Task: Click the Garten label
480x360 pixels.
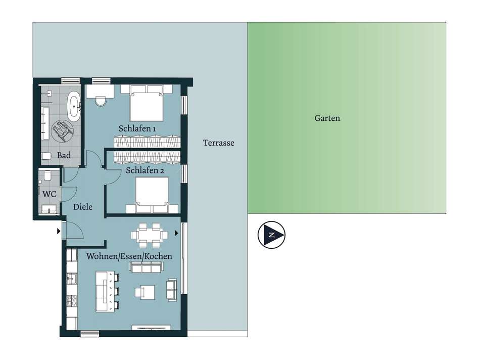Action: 327,118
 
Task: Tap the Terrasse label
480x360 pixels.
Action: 219,143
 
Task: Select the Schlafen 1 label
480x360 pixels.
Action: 137,128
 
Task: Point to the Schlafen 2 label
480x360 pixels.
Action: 145,170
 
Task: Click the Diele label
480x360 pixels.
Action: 83,207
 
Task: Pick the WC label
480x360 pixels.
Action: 50,194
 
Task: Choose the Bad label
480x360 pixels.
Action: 64,155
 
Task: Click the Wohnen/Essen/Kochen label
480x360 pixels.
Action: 129,256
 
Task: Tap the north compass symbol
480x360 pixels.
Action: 271,235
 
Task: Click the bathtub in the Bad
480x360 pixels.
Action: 74,106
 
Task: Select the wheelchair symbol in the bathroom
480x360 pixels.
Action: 62,131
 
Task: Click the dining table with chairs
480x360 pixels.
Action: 150,235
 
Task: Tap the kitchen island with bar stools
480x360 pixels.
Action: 108,291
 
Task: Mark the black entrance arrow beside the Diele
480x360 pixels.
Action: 59,231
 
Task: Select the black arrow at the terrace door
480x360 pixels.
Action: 176,233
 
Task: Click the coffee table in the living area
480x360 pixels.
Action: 145,292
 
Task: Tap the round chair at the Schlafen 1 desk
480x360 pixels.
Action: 101,101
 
